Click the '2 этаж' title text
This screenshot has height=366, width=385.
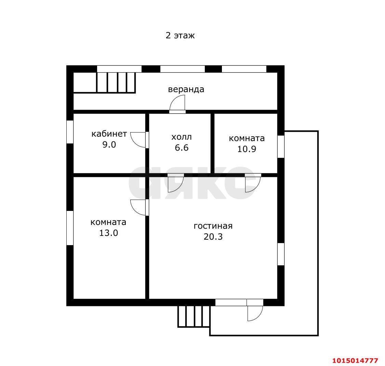[180, 36]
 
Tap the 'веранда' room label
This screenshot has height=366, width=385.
[186, 89]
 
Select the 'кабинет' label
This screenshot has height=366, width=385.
[109, 134]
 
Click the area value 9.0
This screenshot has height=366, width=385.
[109, 144]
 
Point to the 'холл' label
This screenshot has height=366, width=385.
[182, 137]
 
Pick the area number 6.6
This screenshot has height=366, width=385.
[182, 148]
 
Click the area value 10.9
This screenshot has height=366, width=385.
[247, 149]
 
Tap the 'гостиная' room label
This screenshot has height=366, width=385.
[213, 226]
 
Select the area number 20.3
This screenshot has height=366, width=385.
[213, 237]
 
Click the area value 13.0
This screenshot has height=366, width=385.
[108, 233]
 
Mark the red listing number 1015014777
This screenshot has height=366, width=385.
[355, 361]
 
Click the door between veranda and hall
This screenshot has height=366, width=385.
[177, 104]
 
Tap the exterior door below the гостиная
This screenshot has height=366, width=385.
[255, 310]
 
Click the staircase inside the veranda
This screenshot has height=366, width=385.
[116, 83]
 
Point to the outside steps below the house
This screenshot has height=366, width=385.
[194, 316]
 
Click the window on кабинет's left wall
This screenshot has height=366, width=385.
[70, 132]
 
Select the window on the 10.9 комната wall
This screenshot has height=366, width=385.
[281, 147]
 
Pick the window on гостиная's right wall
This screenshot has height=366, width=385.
[281, 254]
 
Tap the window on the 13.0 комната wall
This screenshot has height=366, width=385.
[70, 228]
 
